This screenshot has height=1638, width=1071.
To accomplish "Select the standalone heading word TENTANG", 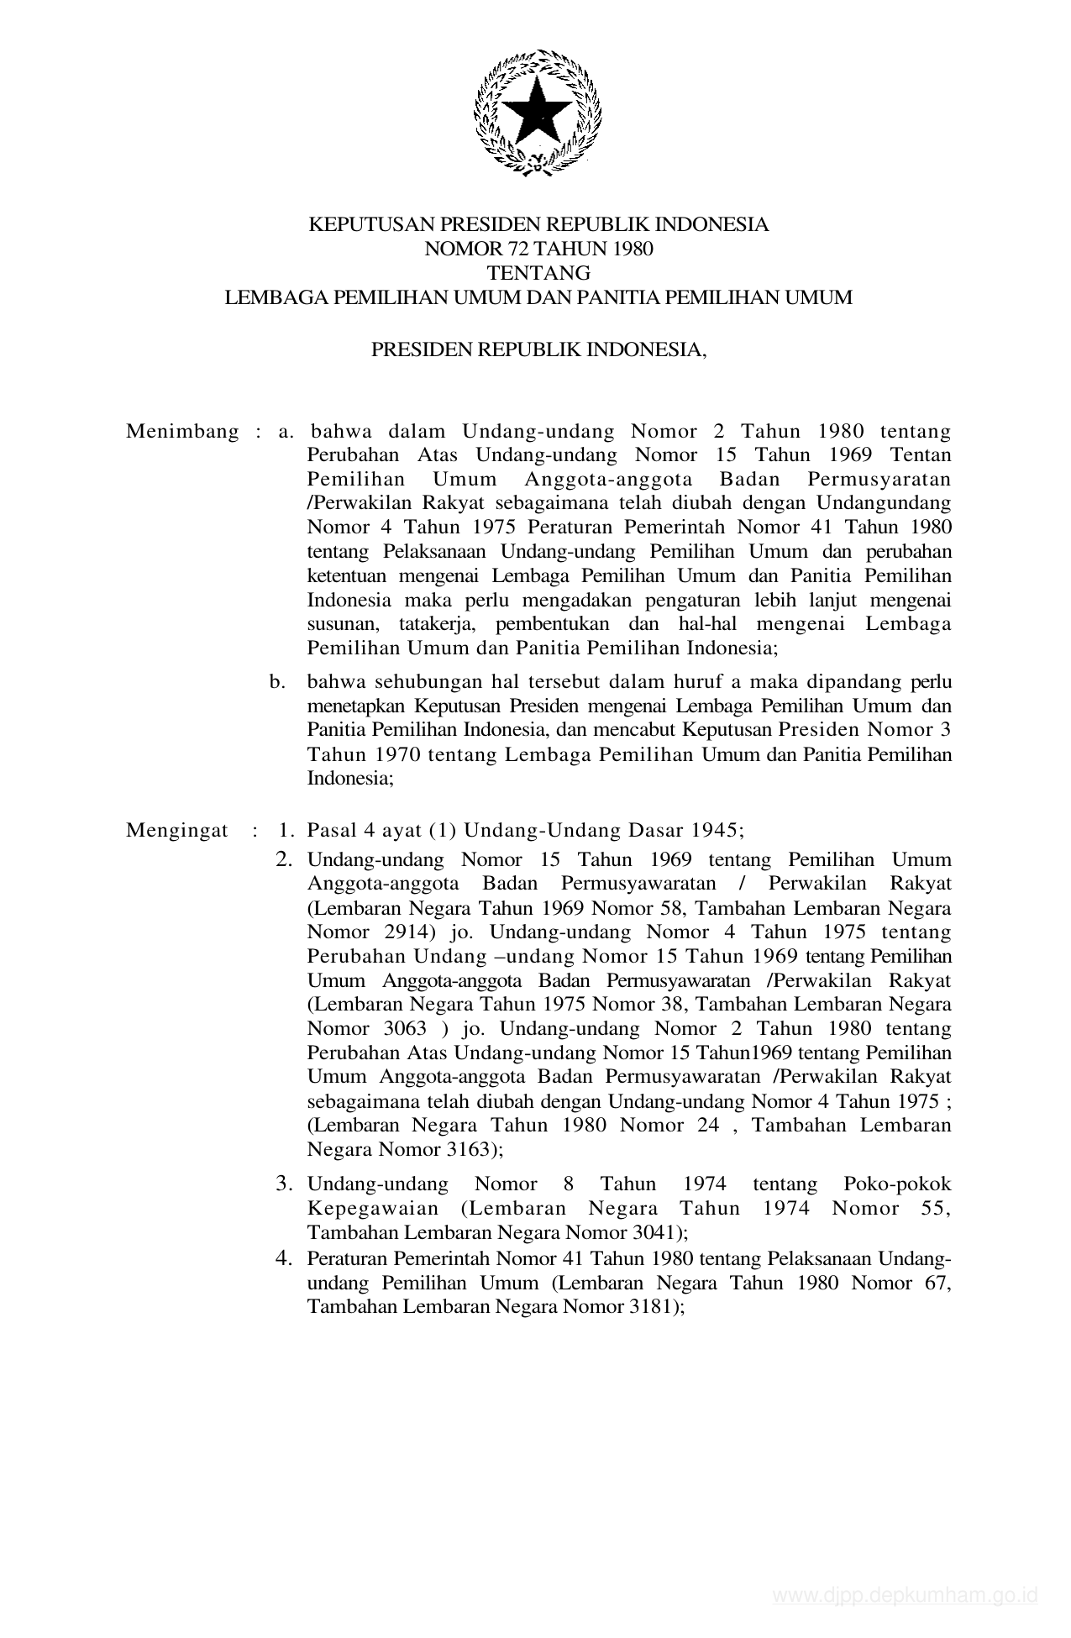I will [x=538, y=273].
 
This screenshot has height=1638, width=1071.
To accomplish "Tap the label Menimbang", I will [x=182, y=432].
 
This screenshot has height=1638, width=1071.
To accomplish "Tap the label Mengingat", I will [x=176, y=831].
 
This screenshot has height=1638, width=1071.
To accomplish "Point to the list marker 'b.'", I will [x=278, y=681].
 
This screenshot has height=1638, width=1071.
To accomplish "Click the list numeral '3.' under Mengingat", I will [x=285, y=1184].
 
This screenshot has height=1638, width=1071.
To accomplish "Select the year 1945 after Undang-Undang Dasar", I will [x=716, y=831].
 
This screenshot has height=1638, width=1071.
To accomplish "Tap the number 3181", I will [x=655, y=1307].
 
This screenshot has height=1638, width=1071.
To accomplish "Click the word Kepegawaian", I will [x=373, y=1209].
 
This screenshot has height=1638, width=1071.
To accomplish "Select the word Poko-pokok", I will [x=897, y=1184].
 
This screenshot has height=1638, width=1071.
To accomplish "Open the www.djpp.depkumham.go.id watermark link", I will [x=906, y=1596].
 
